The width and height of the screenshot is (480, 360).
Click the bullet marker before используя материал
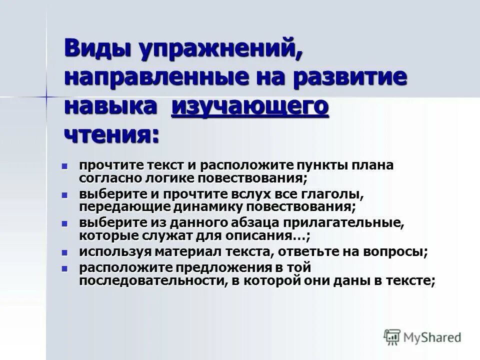(64, 251)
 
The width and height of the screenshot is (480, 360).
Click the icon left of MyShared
(392, 337)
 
